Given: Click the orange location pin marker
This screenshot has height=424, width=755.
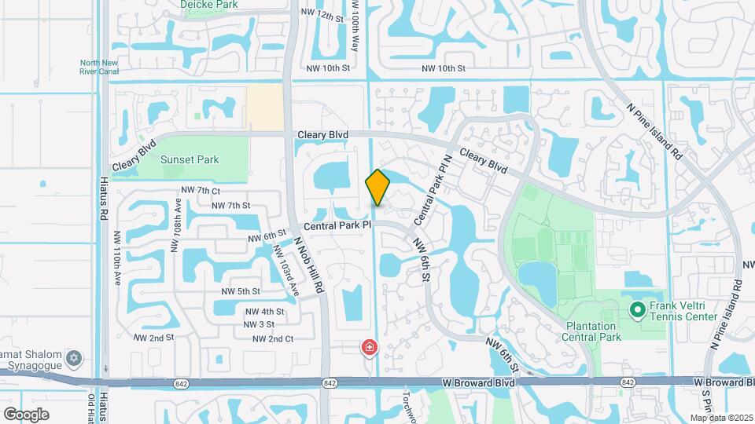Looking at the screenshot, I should tap(377, 187).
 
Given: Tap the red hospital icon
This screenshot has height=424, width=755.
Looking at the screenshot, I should tap(368, 346).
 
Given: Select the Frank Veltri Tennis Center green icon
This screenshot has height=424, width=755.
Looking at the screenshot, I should tap(637, 312).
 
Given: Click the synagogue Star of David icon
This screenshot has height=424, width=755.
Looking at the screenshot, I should tap(75, 358).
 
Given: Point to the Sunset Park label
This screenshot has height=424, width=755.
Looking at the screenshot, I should tap(189, 159).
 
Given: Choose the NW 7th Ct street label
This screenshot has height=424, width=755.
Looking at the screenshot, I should tap(201, 190).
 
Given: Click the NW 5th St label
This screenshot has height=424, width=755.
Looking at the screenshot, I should tap(241, 291).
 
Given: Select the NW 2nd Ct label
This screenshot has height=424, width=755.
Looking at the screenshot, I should tap(273, 338).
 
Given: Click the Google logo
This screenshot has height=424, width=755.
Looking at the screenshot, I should tap(26, 414).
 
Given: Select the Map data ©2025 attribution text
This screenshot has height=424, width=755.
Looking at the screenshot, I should tap(721, 418).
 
